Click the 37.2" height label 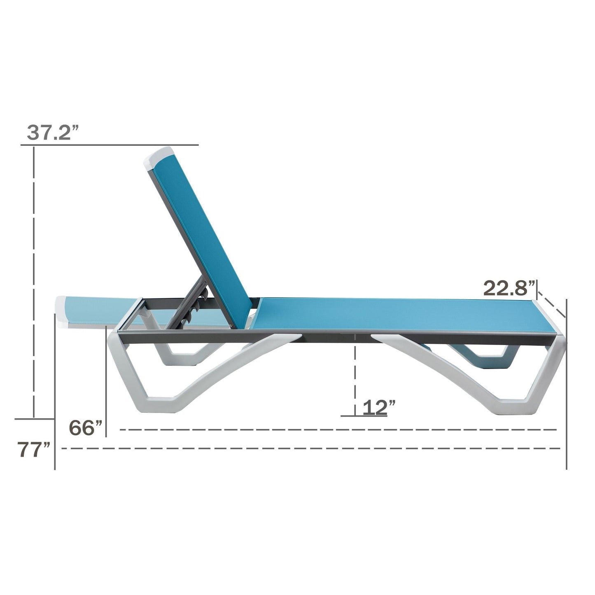point(53,133)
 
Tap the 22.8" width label point(510,288)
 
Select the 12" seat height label point(379,407)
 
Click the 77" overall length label point(34,450)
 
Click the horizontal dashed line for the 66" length point(338,430)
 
